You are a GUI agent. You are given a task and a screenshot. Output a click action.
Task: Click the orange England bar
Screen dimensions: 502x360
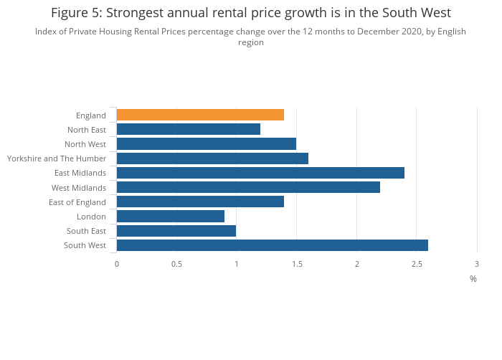pyautogui.click(x=200, y=115)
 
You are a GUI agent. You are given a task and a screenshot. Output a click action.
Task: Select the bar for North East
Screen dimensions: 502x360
pyautogui.click(x=189, y=129)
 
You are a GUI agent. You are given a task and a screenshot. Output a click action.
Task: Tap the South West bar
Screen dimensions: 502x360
pyautogui.click(x=273, y=245)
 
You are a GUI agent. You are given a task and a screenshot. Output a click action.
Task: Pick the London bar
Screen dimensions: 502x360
pyautogui.click(x=171, y=216)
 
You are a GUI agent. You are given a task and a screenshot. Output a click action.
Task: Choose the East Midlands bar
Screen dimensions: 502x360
pyautogui.click(x=260, y=173)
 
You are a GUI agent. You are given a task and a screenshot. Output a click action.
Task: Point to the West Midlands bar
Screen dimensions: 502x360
pyautogui.click(x=248, y=187)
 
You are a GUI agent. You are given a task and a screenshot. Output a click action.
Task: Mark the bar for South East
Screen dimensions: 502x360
pyautogui.click(x=176, y=231)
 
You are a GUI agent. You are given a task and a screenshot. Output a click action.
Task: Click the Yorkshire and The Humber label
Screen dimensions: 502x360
pyautogui.click(x=57, y=158)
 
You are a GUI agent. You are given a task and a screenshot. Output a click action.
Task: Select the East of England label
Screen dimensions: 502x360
pyautogui.click(x=77, y=202)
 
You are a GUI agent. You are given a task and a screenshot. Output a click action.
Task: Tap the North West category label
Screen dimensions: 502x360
pyautogui.click(x=85, y=144)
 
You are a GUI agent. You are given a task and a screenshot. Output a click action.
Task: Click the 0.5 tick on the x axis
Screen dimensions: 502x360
pyautogui.click(x=176, y=264)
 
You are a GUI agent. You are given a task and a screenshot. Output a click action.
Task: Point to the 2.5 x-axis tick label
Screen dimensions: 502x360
pyautogui.click(x=417, y=264)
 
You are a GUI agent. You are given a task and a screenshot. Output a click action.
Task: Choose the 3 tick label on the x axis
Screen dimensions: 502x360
pyautogui.click(x=477, y=264)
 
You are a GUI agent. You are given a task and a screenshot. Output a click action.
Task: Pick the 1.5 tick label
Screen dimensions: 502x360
pyautogui.click(x=297, y=264)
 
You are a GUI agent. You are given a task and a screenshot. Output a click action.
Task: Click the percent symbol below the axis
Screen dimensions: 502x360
pyautogui.click(x=473, y=279)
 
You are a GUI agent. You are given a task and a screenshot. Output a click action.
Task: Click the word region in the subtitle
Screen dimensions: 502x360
pyautogui.click(x=251, y=42)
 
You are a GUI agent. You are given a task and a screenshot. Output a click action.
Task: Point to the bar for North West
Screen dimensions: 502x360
pyautogui.click(x=207, y=144)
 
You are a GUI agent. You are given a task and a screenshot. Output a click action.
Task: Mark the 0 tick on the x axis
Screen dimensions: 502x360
pyautogui.click(x=117, y=264)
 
